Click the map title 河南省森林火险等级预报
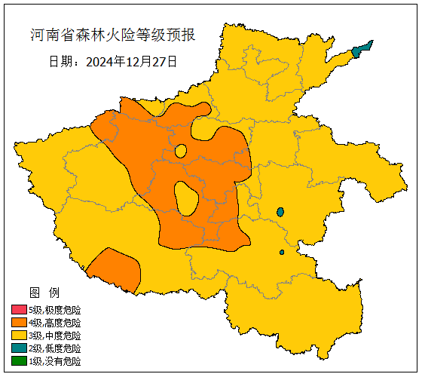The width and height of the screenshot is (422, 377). click(113, 35)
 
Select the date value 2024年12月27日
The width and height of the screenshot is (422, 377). click(132, 61)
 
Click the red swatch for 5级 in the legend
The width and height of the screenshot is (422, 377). click(19, 310)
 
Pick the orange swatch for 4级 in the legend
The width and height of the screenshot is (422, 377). click(19, 323)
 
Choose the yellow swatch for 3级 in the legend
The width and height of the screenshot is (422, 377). click(19, 336)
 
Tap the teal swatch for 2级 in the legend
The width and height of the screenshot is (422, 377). click(19, 348)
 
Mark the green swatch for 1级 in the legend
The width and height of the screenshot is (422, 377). click(19, 361)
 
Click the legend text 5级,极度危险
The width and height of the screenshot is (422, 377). click(55, 310)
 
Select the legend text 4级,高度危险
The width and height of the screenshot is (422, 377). click(55, 323)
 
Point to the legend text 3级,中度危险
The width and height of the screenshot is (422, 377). click(55, 336)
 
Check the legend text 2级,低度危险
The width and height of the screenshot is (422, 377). click(55, 348)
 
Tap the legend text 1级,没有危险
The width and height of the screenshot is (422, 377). click(55, 361)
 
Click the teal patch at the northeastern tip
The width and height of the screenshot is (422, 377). click(361, 49)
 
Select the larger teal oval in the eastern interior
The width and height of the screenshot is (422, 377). click(280, 212)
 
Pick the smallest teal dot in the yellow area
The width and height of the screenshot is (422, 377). click(282, 252)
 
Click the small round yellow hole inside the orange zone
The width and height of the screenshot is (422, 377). click(180, 151)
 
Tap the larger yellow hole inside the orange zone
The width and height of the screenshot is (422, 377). click(186, 198)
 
